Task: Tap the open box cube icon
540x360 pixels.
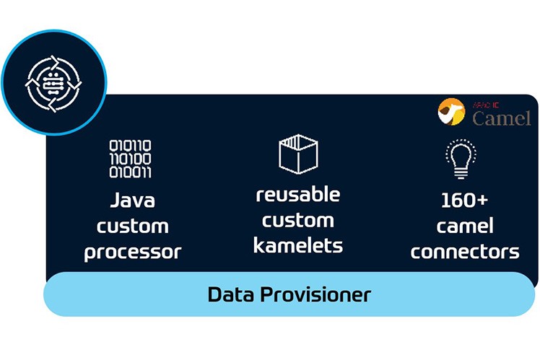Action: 298,153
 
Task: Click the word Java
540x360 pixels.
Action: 133,200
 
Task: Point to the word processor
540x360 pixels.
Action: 133,252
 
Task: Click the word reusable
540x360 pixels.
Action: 298,194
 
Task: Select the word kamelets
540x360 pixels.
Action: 298,245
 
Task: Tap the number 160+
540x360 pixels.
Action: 465,200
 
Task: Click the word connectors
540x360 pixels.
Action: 465,252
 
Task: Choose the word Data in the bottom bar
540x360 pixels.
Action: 231,294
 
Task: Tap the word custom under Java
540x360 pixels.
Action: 133,226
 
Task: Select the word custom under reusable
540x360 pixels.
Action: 298,220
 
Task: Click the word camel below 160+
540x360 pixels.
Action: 465,226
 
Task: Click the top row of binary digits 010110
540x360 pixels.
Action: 131,146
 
